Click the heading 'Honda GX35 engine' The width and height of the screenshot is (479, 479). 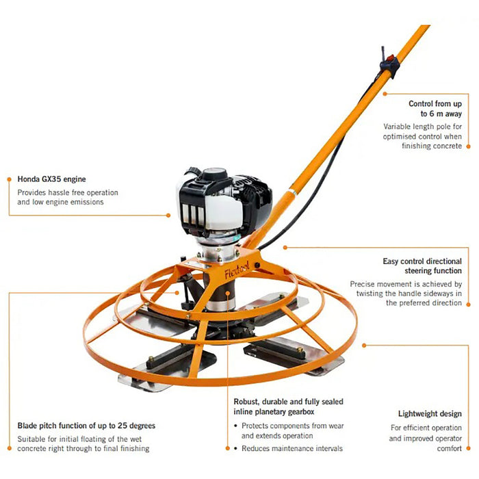[51, 179]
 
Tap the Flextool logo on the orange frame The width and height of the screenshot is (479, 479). [237, 270]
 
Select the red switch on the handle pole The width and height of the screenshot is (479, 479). [390, 58]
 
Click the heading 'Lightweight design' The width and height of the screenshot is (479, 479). [430, 414]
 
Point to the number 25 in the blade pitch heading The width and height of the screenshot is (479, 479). [122, 426]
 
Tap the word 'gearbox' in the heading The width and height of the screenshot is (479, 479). [301, 412]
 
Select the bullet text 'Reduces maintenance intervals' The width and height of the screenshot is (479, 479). [292, 448]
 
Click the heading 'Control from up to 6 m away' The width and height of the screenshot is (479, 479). [435, 108]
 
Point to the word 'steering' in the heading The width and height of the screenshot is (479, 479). [417, 271]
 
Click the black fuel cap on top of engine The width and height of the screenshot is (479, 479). [215, 174]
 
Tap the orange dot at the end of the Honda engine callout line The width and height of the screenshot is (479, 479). [168, 216]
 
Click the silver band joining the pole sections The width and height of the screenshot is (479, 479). [292, 192]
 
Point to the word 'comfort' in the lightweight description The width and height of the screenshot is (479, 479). [450, 448]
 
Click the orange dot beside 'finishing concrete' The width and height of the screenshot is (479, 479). [468, 146]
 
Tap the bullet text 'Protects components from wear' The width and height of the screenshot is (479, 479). [293, 426]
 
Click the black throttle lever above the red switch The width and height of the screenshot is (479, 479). [383, 54]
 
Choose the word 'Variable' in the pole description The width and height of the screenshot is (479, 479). [396, 127]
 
